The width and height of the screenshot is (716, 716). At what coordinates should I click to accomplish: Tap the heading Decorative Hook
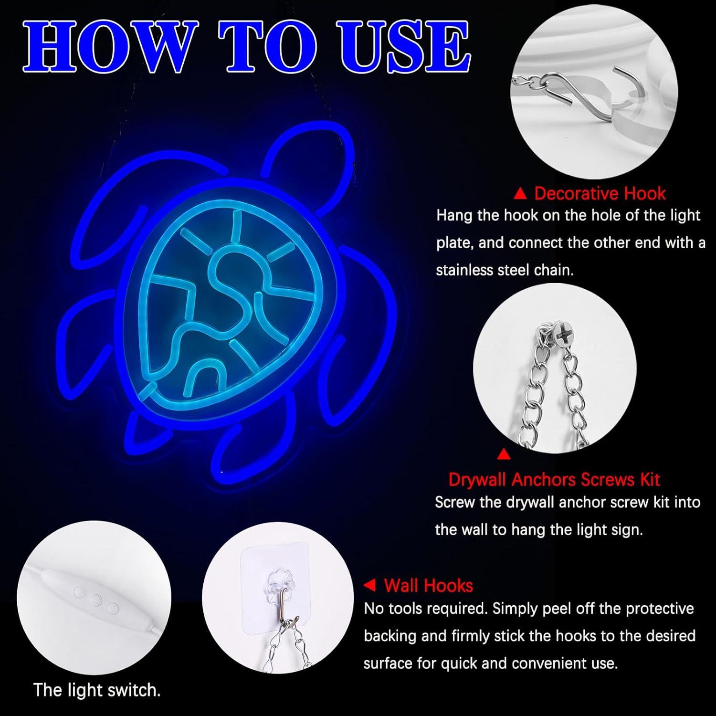click(600, 193)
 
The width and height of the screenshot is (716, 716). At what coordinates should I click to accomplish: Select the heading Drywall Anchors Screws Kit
click(554, 479)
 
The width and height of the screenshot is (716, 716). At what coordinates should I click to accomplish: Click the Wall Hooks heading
click(428, 586)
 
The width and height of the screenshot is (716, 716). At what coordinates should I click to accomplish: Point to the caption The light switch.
click(97, 690)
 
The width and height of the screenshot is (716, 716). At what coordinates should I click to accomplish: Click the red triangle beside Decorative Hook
click(521, 194)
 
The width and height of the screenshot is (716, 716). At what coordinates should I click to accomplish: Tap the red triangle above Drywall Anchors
click(504, 454)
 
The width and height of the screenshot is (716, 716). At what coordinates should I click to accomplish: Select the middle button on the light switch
click(97, 600)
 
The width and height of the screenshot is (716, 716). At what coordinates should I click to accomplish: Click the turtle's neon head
click(310, 153)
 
